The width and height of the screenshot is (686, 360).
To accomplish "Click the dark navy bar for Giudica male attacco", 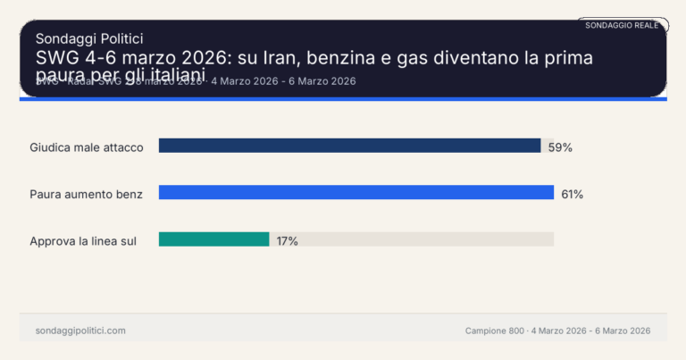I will click(349, 146).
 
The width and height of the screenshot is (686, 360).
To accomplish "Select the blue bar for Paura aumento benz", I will click(356, 192).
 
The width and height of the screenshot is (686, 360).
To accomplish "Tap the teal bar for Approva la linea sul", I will click(213, 239).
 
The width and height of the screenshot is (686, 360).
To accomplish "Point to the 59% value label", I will click(560, 147).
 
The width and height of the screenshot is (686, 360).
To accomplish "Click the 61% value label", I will click(572, 194).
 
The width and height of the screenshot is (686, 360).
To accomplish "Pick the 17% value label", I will click(287, 241).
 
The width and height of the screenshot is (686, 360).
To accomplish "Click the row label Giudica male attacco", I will click(87, 147).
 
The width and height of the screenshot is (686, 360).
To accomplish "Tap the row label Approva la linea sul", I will click(83, 241).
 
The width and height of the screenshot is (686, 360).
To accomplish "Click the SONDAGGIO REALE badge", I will click(622, 25).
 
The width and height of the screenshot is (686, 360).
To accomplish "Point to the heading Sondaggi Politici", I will click(89, 38).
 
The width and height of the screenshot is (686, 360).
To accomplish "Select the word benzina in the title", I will click(363, 58).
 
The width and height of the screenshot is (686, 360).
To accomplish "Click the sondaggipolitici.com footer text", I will click(80, 331).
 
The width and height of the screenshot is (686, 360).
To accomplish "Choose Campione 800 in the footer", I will click(494, 331).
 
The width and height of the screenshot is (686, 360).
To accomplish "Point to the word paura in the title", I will click(59, 73).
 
